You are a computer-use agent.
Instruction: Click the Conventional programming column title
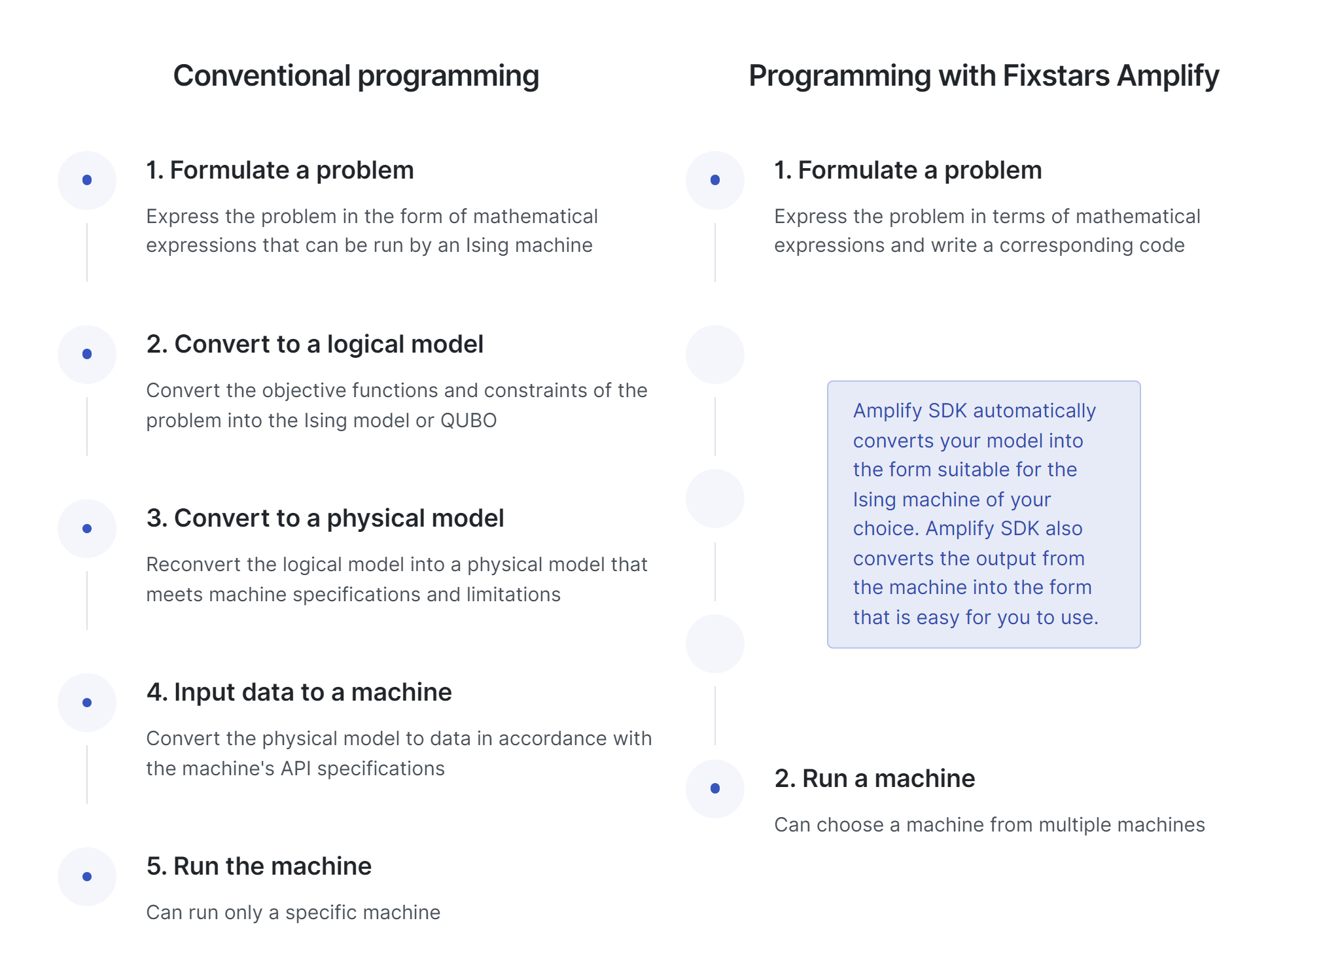pyautogui.click(x=356, y=77)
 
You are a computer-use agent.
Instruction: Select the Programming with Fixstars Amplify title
pyautogui.click(x=983, y=77)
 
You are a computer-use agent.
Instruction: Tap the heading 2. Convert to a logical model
pyautogui.click(x=315, y=344)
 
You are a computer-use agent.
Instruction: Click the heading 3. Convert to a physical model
pyautogui.click(x=325, y=518)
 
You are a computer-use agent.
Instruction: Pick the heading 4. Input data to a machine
pyautogui.click(x=299, y=692)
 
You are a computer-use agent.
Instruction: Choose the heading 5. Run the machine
pyautogui.click(x=259, y=866)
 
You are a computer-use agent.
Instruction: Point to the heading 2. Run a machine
pyautogui.click(x=875, y=779)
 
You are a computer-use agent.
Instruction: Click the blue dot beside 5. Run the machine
pyautogui.click(x=87, y=877)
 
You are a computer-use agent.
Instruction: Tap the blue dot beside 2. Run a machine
pyautogui.click(x=715, y=788)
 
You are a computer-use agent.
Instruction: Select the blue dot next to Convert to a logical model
pyautogui.click(x=87, y=354)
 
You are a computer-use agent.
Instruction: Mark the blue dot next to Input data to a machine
pyautogui.click(x=87, y=703)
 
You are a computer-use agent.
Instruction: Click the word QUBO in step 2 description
pyautogui.click(x=468, y=420)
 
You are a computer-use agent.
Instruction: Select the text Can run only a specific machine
pyautogui.click(x=293, y=913)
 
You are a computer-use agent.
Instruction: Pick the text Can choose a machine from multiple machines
pyautogui.click(x=989, y=825)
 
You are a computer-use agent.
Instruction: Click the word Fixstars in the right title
pyautogui.click(x=1056, y=76)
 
